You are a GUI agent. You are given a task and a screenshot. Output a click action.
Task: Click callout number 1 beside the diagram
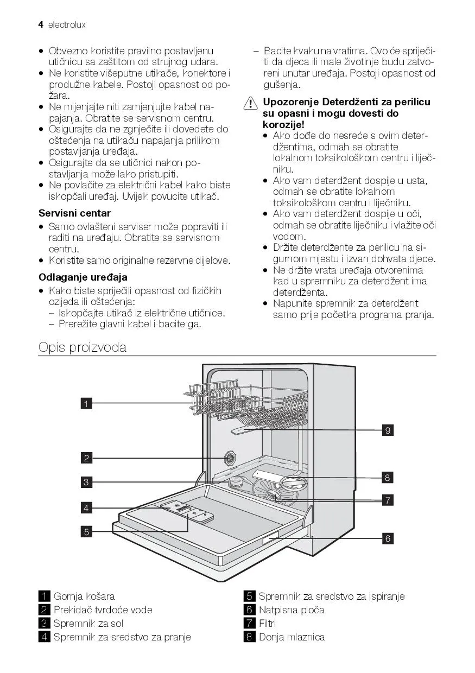pyautogui.click(x=86, y=403)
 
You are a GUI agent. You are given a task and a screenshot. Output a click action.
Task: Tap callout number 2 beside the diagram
pyautogui.click(x=86, y=458)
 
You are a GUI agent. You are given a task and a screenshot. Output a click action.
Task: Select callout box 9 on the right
pyautogui.click(x=388, y=430)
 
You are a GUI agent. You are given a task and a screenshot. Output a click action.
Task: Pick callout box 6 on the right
pyautogui.click(x=388, y=538)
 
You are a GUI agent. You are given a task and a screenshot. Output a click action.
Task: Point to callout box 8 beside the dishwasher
pyautogui.click(x=388, y=478)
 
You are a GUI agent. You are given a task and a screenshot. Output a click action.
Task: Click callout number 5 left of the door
pyautogui.click(x=86, y=531)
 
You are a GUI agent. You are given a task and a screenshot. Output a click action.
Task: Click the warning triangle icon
pyautogui.click(x=251, y=103)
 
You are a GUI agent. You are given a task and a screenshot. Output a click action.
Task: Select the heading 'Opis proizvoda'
pyautogui.click(x=82, y=347)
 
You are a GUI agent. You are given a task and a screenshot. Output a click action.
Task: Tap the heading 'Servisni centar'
pyautogui.click(x=74, y=213)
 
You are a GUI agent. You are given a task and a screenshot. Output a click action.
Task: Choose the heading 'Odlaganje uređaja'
pyautogui.click(x=83, y=277)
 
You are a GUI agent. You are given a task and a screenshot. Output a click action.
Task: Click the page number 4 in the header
pyautogui.click(x=41, y=24)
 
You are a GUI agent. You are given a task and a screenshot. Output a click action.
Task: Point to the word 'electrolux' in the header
pyautogui.click(x=67, y=25)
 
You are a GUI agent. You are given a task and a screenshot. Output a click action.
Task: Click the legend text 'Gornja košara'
pyautogui.click(x=84, y=596)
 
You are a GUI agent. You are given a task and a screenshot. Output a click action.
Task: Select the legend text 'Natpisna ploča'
pyautogui.click(x=292, y=610)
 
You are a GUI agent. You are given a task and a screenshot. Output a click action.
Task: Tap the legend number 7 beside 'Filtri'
pyautogui.click(x=250, y=624)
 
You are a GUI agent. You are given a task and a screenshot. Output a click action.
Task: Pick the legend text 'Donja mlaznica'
pyautogui.click(x=292, y=637)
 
